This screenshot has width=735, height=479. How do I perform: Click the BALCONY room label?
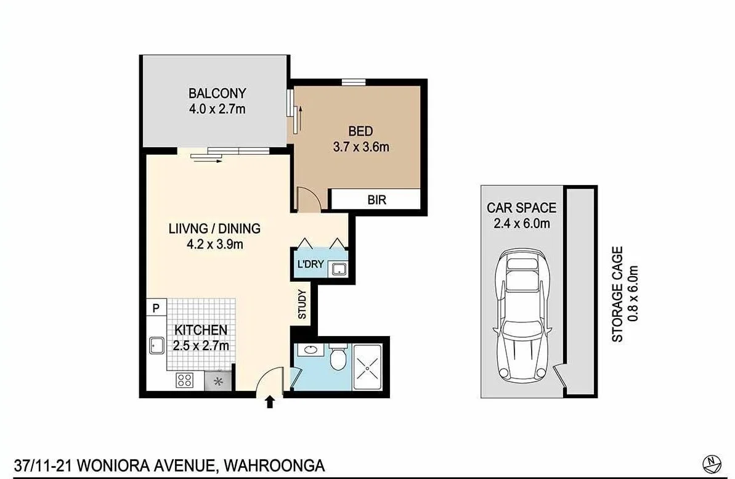click(x=217, y=94)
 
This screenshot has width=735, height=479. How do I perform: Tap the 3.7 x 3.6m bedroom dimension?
click(x=360, y=147)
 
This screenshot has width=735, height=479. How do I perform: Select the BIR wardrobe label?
click(x=376, y=200)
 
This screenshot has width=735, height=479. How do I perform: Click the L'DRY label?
click(x=310, y=265)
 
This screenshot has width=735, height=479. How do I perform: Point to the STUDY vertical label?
click(x=303, y=304)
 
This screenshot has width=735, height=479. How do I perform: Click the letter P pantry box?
click(x=156, y=308)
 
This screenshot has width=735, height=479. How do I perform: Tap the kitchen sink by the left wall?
click(x=155, y=345)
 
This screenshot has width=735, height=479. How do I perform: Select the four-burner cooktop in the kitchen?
click(x=184, y=380)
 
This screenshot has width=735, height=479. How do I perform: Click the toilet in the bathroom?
click(x=338, y=359)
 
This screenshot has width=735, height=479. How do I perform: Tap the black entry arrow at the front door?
click(x=270, y=403)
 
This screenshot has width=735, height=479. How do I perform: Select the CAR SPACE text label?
click(x=521, y=208)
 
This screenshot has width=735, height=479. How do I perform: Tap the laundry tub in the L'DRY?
click(x=338, y=268)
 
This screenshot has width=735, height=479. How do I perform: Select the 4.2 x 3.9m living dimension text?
click(x=214, y=244)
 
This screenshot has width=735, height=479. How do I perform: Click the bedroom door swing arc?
click(x=306, y=200)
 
